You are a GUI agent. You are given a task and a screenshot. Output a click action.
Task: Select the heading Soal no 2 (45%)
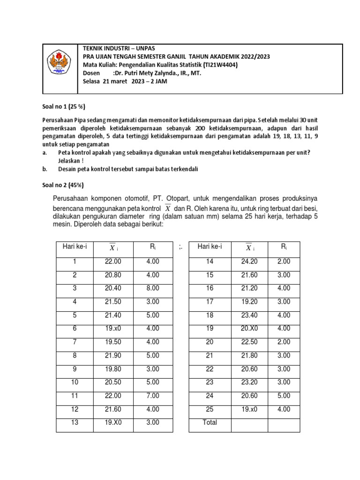point(60,186)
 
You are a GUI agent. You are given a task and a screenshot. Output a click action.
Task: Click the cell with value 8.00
point(152,288)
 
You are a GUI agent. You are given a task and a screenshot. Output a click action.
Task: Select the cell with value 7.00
point(152,395)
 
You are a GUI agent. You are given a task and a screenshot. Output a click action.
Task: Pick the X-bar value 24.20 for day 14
point(249,262)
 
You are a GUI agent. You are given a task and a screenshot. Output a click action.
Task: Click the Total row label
point(210,422)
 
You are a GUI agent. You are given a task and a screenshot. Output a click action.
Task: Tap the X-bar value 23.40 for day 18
point(249,315)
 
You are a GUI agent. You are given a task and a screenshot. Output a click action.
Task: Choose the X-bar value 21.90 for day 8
point(113,355)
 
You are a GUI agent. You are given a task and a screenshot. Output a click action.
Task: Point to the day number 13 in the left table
point(75,422)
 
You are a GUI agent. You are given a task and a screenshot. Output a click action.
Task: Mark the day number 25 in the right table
point(210,409)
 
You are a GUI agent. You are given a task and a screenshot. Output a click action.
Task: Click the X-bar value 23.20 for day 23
point(249,382)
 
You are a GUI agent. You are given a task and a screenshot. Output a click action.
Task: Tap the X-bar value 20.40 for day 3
point(113,288)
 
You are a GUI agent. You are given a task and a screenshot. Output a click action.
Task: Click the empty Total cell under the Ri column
point(284,422)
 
